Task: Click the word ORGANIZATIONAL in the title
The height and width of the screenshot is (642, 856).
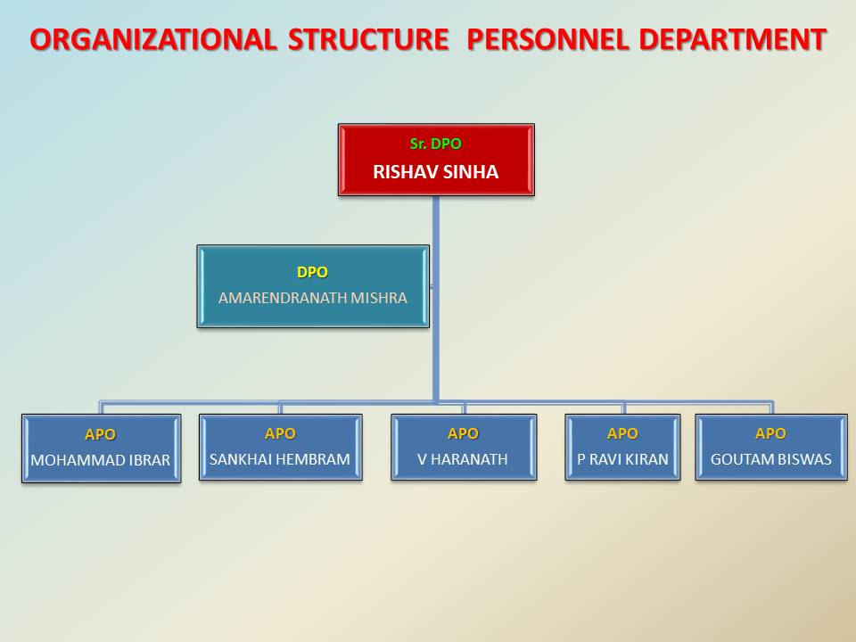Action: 153,40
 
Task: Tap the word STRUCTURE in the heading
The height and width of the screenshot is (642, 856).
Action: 368,40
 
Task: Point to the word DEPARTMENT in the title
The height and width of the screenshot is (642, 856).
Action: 733,40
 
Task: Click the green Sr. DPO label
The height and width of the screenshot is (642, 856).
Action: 436,144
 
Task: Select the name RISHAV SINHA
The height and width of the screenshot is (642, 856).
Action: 436,172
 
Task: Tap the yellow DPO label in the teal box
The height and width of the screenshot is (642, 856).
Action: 312,272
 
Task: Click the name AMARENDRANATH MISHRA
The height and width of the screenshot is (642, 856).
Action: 313,298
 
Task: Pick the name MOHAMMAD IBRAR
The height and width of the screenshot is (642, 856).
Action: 101,460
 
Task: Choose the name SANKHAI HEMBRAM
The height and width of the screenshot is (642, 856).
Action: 280,459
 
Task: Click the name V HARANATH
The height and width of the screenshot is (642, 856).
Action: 463,459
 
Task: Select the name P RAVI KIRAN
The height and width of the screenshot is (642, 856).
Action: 623,459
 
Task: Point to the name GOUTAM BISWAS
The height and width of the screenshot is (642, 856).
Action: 771,459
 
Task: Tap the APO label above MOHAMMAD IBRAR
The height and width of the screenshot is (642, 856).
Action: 101,434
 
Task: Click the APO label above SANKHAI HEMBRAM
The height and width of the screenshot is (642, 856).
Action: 280,433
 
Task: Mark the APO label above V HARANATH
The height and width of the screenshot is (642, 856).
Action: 463,433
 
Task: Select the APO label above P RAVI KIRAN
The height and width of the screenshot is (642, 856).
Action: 623,433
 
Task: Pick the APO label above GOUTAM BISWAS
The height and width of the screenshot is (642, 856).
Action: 770,433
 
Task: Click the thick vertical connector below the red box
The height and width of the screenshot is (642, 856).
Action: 436,300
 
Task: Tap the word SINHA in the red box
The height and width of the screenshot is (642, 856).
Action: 471,172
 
